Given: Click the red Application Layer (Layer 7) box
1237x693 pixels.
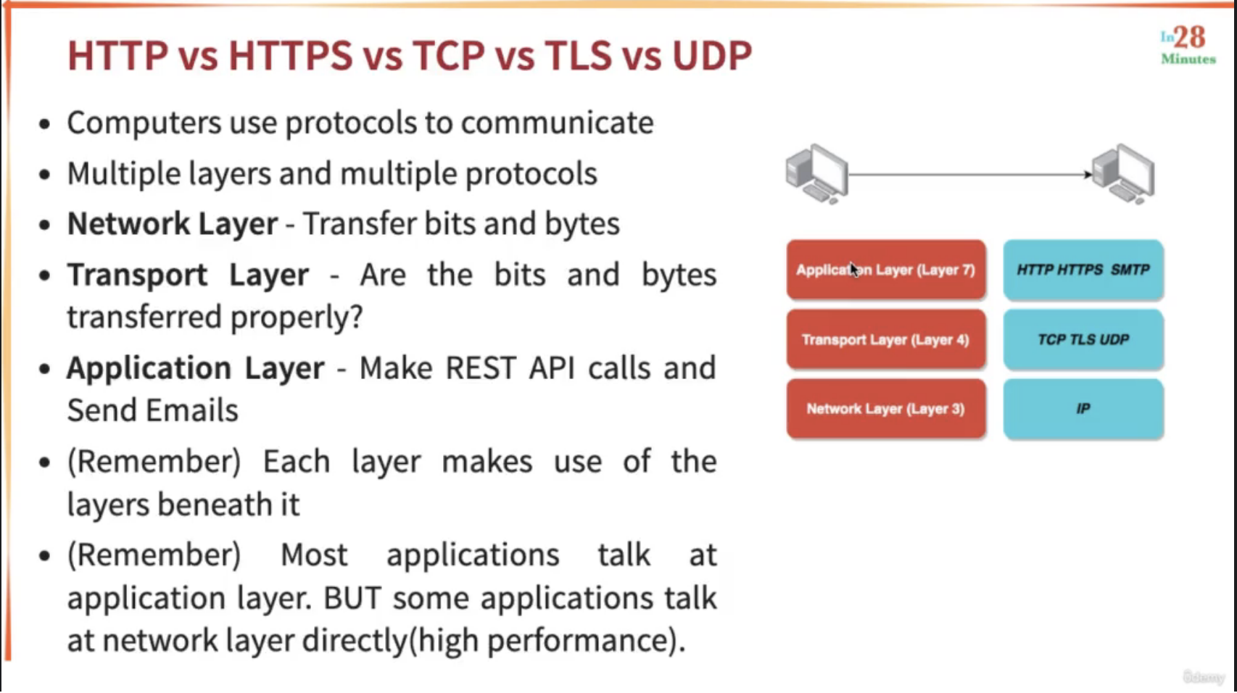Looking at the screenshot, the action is coord(886,270).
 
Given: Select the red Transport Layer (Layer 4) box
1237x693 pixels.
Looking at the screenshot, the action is coord(886,339).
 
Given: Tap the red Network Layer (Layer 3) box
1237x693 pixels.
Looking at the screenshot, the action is coord(886,409).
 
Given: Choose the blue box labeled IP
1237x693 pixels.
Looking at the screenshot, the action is coord(1083,409).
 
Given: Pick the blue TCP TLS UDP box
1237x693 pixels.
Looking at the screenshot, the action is coord(1083,339).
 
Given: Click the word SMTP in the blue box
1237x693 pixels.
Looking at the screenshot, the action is coord(1130,270).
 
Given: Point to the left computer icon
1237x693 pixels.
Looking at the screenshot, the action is coord(817,174).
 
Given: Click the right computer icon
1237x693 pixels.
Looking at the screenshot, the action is coord(1123,174).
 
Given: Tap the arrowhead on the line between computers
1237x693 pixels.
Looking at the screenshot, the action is coord(1088,175).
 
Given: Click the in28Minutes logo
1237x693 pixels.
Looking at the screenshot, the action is coord(1188,45).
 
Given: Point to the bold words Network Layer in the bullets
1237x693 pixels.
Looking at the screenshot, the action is coord(173,224).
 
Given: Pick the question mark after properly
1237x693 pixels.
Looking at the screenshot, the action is coord(357,317).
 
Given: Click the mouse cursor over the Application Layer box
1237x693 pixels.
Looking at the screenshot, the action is coord(855,270).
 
